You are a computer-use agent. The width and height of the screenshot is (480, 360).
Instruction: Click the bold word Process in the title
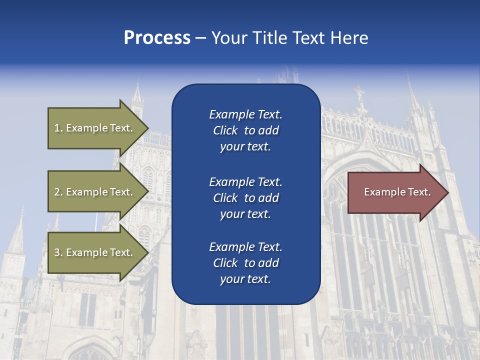click(x=157, y=38)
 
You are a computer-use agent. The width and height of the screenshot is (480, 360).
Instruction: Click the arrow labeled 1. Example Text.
click(x=95, y=128)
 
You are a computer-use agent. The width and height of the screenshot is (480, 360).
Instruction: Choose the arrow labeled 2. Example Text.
click(x=95, y=192)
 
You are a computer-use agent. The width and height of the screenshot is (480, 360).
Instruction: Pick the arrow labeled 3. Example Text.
click(x=95, y=252)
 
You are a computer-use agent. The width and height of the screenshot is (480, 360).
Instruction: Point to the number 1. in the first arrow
click(x=58, y=128)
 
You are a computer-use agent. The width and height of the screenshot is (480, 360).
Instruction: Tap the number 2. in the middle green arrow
click(x=58, y=192)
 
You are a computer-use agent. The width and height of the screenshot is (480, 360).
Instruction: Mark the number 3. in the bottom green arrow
click(x=58, y=252)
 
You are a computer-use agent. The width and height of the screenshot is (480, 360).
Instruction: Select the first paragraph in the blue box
click(x=245, y=130)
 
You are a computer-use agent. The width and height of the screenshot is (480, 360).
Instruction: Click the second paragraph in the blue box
click(x=245, y=198)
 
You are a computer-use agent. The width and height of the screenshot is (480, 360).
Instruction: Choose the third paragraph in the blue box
click(x=245, y=263)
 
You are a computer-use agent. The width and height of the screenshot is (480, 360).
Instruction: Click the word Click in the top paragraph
click(x=225, y=130)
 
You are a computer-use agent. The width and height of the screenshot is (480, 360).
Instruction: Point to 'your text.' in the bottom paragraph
click(x=245, y=279)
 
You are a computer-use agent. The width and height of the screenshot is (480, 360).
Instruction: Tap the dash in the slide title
click(x=200, y=38)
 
